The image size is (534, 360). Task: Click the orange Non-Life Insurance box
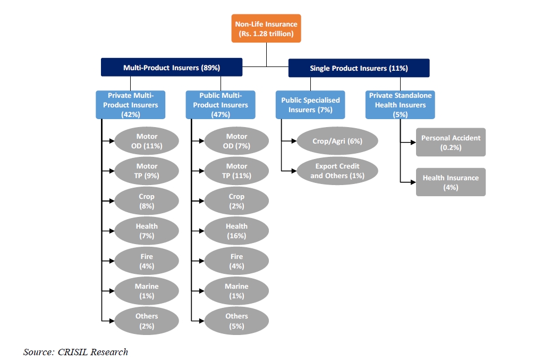point(266,28)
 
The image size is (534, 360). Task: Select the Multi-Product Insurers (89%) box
point(172,67)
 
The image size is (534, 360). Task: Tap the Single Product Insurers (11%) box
point(359,68)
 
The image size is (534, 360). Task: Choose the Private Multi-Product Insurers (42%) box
point(130,105)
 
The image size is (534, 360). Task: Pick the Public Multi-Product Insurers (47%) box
point(221,105)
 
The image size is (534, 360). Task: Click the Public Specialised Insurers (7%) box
point(310,105)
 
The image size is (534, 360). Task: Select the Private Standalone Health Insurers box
point(400,105)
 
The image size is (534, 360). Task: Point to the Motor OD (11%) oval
point(147,141)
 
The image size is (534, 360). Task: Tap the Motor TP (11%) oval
point(236,171)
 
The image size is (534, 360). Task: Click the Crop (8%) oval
point(147,201)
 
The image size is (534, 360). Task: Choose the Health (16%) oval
point(236,231)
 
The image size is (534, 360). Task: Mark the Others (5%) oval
point(236,321)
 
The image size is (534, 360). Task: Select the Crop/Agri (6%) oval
point(337,141)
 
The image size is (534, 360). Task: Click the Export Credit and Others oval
point(337,171)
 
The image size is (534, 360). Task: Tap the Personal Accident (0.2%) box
point(451,142)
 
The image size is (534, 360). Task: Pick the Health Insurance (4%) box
point(451,182)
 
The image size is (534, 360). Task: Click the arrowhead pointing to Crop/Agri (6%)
point(294,141)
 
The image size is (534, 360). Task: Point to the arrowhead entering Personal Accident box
point(413,142)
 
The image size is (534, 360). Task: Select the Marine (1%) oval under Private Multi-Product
point(147,291)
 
